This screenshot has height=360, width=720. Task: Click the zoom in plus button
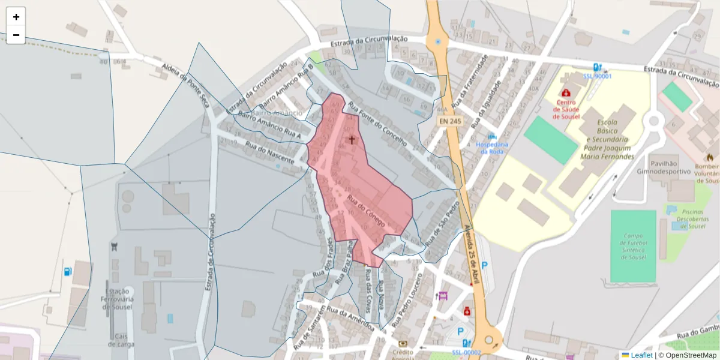click(16, 17)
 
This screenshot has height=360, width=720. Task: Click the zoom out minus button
click(16, 35)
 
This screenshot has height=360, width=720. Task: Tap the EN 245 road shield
click(450, 121)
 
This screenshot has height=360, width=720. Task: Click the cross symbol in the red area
click(352, 139)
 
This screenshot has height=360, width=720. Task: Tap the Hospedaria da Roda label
click(492, 148)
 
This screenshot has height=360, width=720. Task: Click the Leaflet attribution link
click(641, 355)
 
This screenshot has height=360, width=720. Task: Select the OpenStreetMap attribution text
click(691, 355)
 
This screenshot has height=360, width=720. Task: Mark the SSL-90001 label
click(597, 76)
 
